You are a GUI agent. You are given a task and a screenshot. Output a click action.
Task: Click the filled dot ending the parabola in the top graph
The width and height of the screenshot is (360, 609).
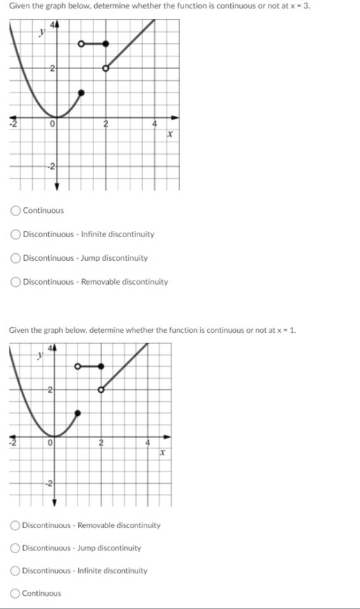pyautogui.click(x=81, y=92)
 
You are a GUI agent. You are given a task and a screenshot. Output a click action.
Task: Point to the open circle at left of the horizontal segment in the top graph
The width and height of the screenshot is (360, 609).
pyautogui.click(x=81, y=44)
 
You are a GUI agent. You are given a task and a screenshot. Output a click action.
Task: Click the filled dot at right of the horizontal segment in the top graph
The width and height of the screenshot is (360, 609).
pyautogui.click(x=106, y=44)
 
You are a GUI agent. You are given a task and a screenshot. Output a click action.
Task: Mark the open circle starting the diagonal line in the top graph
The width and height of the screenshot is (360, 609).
pyautogui.click(x=106, y=68)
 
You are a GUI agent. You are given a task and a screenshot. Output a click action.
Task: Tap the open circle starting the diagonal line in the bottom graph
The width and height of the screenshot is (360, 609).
pyautogui.click(x=101, y=390)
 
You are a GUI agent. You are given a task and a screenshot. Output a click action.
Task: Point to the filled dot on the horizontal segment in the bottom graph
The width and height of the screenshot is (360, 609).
pyautogui.click(x=101, y=366)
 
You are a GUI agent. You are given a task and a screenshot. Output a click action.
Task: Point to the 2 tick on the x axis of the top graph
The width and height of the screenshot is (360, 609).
pyautogui.click(x=105, y=125)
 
